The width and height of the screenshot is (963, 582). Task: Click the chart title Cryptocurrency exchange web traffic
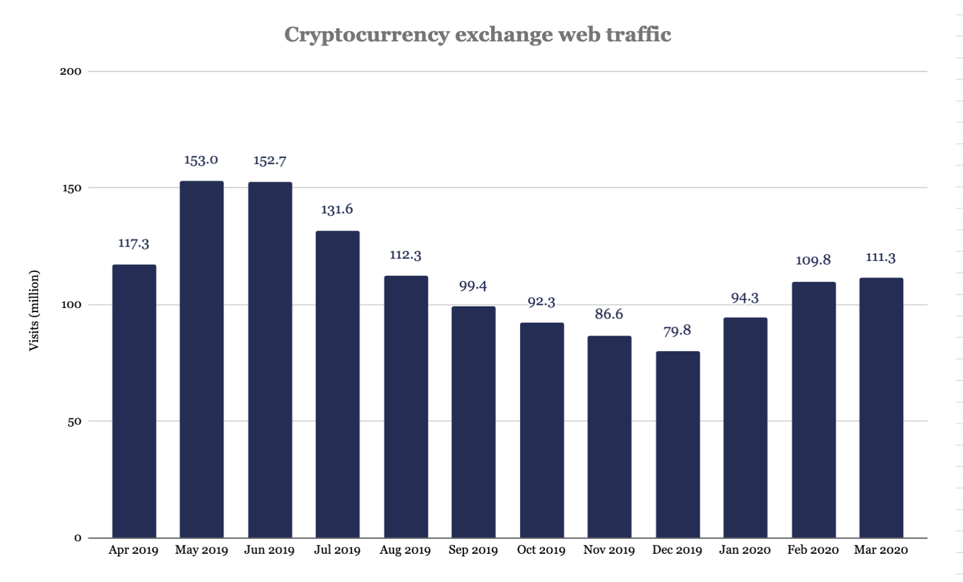[477, 34]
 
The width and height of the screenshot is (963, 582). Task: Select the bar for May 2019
[202, 360]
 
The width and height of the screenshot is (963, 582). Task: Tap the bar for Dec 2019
[678, 444]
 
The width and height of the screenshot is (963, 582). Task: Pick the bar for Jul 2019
[338, 384]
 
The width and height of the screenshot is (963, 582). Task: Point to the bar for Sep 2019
[474, 422]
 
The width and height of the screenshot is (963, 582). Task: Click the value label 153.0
[201, 160]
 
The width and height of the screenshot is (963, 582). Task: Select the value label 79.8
[677, 331]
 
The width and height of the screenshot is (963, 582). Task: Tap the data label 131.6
[337, 209]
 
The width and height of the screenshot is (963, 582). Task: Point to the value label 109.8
[813, 260]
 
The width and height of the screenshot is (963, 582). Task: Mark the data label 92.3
[541, 302]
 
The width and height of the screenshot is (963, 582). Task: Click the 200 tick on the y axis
[70, 72]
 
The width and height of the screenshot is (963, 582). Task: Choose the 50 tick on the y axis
[74, 421]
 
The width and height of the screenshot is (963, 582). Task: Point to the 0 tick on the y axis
[78, 538]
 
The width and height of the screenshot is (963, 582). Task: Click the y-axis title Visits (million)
[34, 311]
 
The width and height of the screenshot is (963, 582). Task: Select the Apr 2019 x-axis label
[134, 550]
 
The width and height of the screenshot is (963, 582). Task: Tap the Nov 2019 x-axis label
[609, 550]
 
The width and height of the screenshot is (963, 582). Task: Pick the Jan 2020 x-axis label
[745, 550]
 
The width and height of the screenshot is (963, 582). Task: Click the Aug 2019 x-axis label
[405, 550]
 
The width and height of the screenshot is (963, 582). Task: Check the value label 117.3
[134, 244]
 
